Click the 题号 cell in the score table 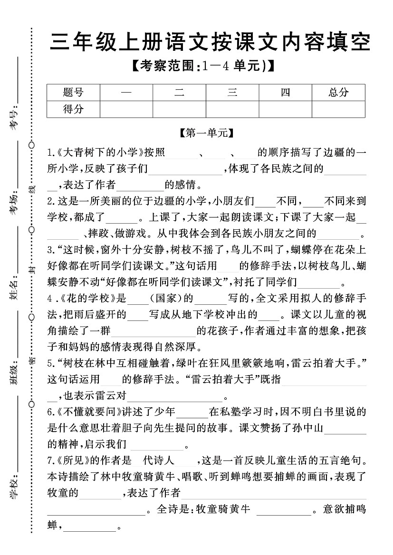pyautogui.click(x=73, y=93)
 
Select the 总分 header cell pyautogui.click(x=338, y=93)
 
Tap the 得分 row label pyautogui.click(x=73, y=109)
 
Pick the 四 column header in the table pyautogui.click(x=285, y=93)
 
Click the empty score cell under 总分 pyautogui.click(x=338, y=109)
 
